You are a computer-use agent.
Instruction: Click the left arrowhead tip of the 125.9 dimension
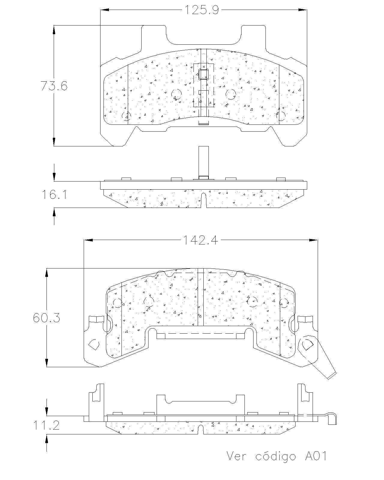click(101, 10)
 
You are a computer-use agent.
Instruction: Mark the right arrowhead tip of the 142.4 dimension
click(317, 240)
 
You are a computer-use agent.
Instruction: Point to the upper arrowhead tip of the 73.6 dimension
click(54, 26)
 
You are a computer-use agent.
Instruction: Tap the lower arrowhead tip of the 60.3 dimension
click(46, 367)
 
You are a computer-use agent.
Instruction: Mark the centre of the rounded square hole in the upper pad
click(203, 74)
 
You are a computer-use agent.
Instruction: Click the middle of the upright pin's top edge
click(203, 146)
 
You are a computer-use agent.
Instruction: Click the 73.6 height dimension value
click(54, 86)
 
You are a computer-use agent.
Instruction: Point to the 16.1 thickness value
click(54, 194)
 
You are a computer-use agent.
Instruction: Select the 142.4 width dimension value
click(200, 240)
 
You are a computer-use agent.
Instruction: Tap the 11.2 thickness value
click(46, 425)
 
